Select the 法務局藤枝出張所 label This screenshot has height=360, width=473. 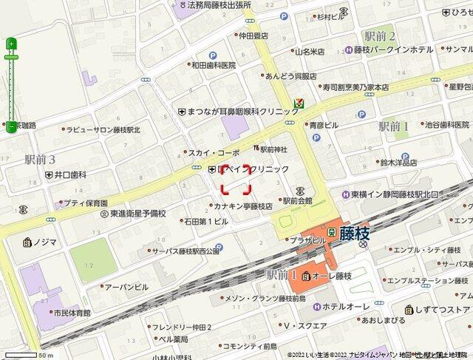pos(219,5)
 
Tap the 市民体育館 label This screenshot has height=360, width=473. pos(71,313)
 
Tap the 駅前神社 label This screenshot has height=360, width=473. pos(273,149)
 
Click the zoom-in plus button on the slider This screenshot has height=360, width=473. pos(11,44)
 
